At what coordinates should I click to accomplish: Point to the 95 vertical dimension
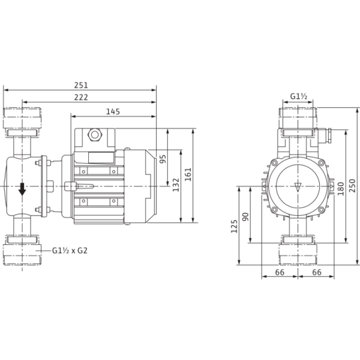point(163,159)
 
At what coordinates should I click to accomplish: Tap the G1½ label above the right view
point(299,97)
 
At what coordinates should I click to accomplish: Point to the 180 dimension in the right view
point(341,187)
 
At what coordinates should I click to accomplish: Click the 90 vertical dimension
point(245,217)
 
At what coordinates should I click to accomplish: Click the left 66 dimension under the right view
point(280,273)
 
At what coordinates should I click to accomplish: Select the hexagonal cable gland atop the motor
point(94,134)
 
